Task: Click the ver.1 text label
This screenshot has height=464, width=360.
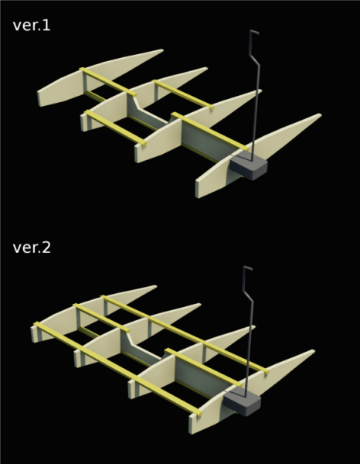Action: click(x=32, y=26)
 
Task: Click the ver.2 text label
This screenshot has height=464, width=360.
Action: click(x=32, y=247)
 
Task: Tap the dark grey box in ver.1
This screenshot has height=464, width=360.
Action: click(x=249, y=165)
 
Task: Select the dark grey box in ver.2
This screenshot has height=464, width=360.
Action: click(x=242, y=401)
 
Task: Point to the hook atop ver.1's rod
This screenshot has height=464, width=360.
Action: click(x=253, y=32)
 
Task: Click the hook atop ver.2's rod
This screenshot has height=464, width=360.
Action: click(x=247, y=268)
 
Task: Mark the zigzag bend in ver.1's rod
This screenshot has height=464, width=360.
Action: click(x=254, y=59)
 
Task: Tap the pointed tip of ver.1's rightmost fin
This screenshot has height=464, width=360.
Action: click(x=321, y=114)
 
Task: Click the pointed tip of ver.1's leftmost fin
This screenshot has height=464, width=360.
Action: click(x=162, y=50)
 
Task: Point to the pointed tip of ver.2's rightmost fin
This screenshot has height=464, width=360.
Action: click(x=314, y=351)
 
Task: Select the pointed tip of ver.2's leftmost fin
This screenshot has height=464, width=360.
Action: click(x=155, y=286)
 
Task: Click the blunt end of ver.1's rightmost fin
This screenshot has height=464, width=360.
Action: click(x=197, y=189)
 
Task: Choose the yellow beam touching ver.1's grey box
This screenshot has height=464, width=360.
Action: click(x=210, y=131)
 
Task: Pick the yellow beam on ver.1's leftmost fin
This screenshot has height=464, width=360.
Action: click(x=108, y=82)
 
